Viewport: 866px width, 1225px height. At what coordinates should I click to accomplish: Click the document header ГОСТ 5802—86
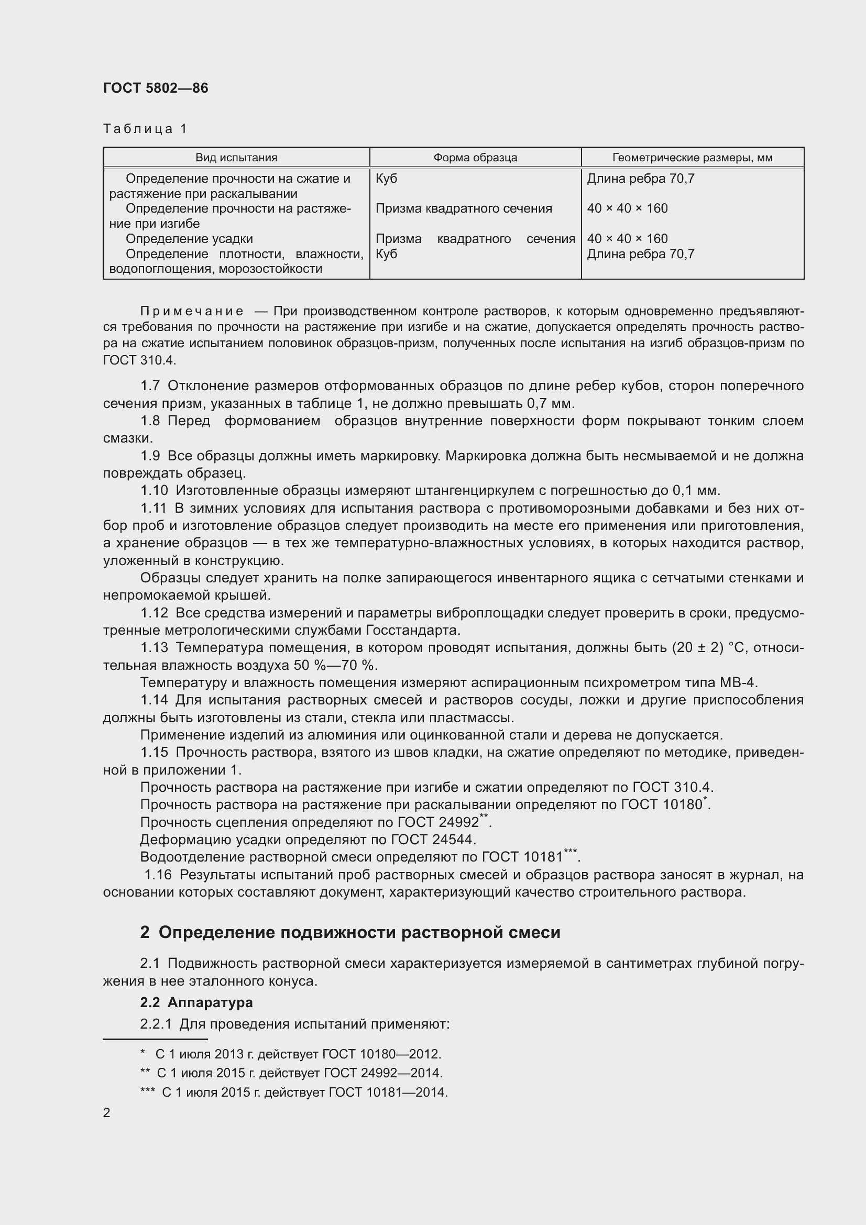(x=155, y=88)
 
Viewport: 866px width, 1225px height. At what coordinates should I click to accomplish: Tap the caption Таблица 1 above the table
(x=145, y=129)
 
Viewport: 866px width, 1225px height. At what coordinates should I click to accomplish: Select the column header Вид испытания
(x=236, y=158)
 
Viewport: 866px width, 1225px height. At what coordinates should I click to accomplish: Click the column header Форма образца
(x=475, y=158)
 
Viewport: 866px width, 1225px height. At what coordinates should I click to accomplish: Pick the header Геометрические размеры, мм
(x=692, y=158)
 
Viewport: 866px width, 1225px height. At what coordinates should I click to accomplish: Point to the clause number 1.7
(x=150, y=385)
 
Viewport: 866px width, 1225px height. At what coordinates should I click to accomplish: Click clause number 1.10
(x=154, y=490)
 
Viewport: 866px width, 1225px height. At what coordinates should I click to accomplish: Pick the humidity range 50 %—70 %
(x=335, y=665)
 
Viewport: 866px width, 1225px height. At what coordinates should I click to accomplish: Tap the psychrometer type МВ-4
(x=738, y=682)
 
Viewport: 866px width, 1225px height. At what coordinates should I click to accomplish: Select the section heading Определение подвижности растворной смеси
(x=359, y=932)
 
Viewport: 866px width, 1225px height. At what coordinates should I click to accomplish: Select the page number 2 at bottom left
(x=107, y=1113)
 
